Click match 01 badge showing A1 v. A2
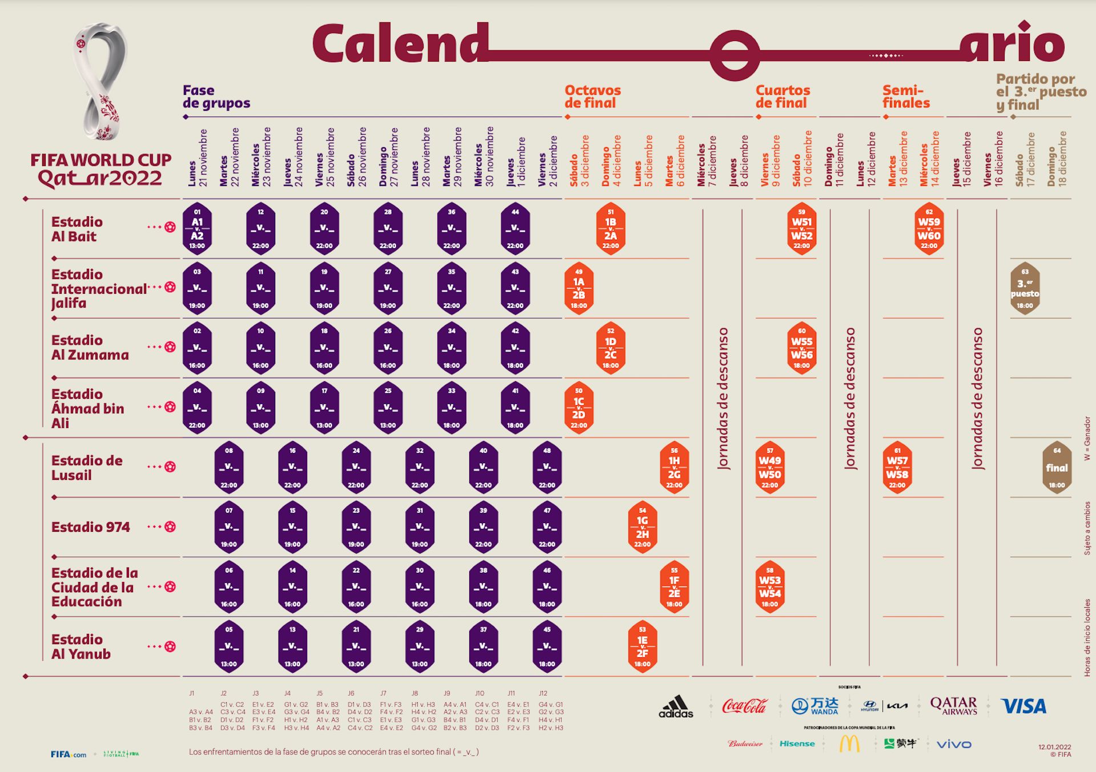click(x=197, y=228)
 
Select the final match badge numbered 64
click(x=1057, y=467)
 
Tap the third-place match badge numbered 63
click(x=1025, y=288)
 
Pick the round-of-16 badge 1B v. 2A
click(x=610, y=228)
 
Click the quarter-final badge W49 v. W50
click(x=769, y=467)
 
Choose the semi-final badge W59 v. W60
click(x=929, y=228)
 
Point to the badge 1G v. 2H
click(x=642, y=527)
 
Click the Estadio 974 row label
click(x=91, y=527)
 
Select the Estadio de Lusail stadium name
click(x=87, y=468)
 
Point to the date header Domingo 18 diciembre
click(x=1057, y=159)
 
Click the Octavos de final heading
click(x=593, y=96)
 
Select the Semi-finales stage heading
click(x=906, y=96)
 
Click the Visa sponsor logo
click(x=1024, y=706)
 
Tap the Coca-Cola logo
click(x=744, y=706)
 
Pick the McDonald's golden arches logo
click(x=849, y=743)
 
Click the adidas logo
click(x=676, y=706)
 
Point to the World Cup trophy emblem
click(x=101, y=80)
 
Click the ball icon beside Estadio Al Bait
click(x=170, y=227)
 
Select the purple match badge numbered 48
click(x=547, y=467)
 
